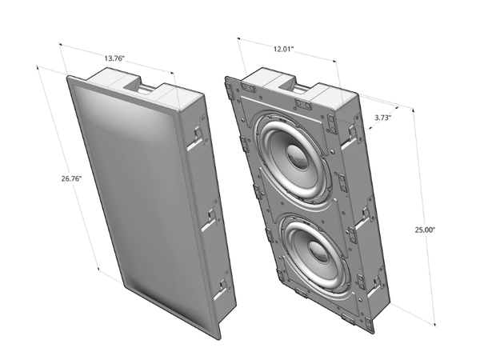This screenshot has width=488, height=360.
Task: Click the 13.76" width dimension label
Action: point(118,58)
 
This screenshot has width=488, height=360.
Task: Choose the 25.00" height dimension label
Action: point(425,230)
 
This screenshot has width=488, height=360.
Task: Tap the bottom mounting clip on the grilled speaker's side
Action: point(220,286)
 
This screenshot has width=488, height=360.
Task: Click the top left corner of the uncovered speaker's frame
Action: point(226,78)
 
